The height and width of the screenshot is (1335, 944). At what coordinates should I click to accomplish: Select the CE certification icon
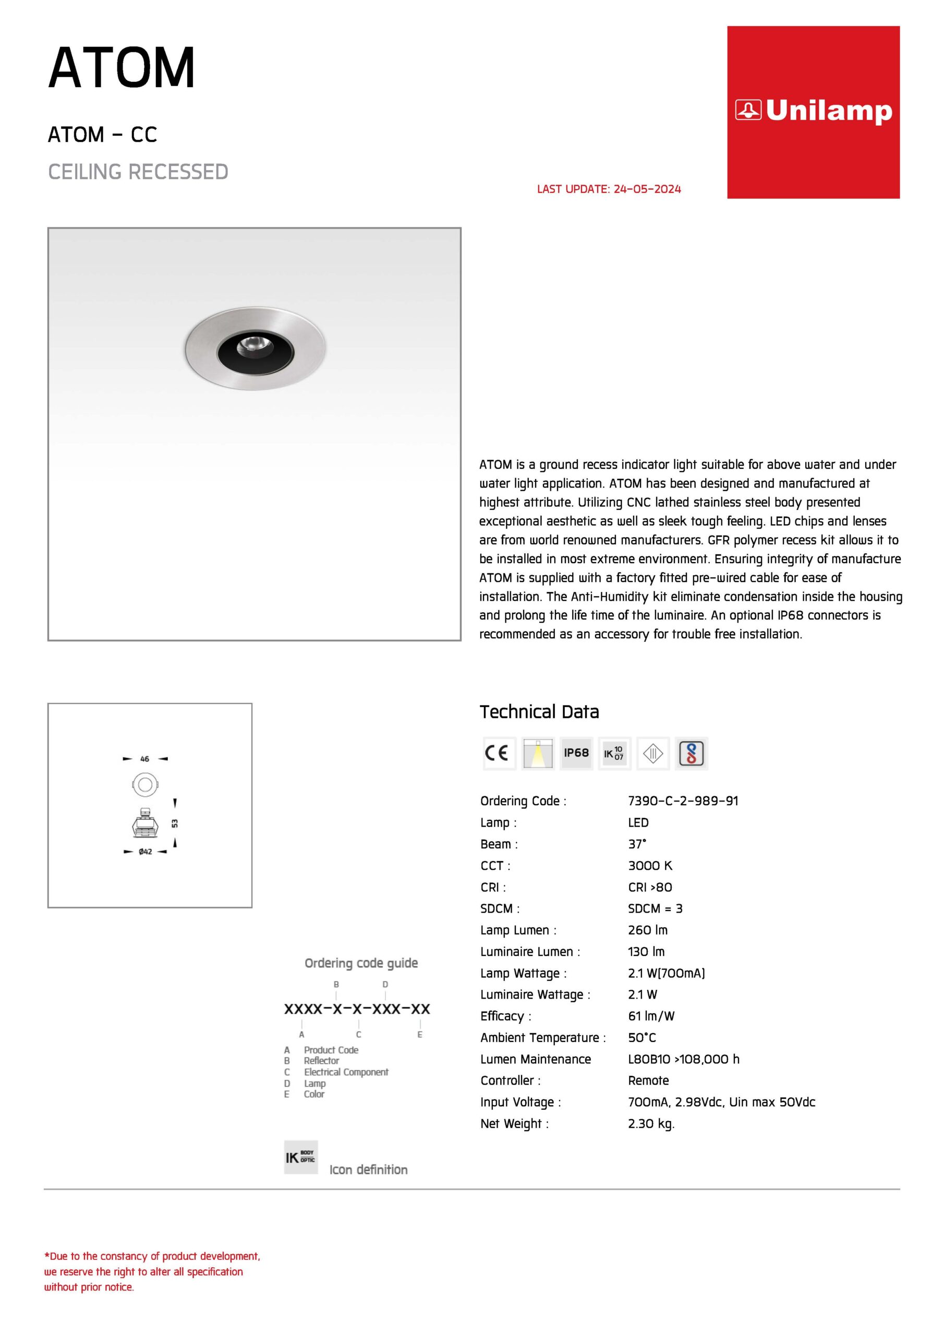click(499, 753)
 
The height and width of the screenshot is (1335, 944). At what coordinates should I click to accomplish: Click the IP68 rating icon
click(576, 753)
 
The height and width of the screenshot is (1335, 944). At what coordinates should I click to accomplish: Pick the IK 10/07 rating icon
click(614, 753)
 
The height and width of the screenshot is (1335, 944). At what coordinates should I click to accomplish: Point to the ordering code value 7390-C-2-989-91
click(683, 800)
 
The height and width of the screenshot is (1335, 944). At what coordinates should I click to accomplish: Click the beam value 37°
click(637, 844)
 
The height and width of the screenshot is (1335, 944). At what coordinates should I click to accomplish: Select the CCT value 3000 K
click(650, 865)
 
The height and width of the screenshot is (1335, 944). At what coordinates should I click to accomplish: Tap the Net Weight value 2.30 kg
click(651, 1123)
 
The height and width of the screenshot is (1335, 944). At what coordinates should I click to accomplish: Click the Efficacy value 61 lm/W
click(651, 1016)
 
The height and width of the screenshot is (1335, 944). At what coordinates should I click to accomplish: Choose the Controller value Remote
click(648, 1081)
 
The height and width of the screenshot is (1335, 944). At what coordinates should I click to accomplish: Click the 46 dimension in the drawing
click(145, 759)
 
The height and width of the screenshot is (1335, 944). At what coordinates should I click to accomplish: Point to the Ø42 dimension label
click(146, 851)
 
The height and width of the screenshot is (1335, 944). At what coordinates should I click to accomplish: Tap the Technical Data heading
click(539, 712)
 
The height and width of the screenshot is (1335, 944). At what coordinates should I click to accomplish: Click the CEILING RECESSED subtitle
click(138, 172)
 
